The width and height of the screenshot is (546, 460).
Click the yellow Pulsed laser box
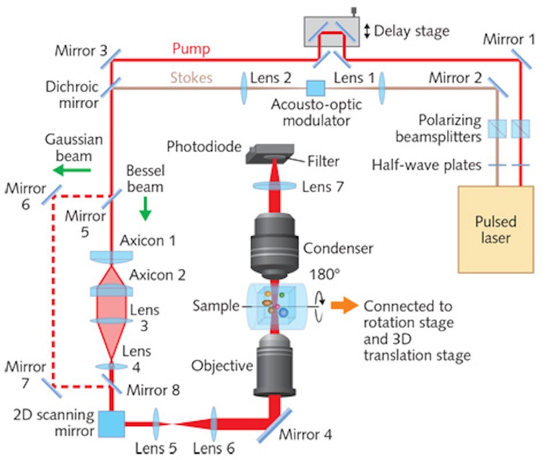coord(495,229)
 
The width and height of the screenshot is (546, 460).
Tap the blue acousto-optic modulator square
coord(315,89)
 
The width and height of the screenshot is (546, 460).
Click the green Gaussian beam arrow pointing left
coord(72,170)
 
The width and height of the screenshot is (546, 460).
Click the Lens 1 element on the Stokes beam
coord(382,89)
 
